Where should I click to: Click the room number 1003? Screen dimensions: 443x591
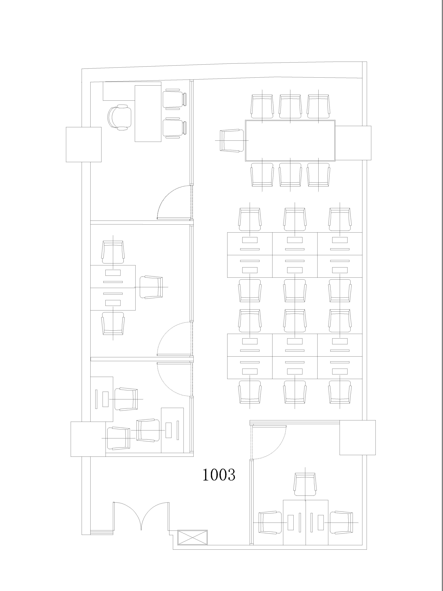pyautogui.click(x=219, y=475)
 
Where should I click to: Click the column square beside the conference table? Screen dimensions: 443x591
pyautogui.click(x=353, y=143)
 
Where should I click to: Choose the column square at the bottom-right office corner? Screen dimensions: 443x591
pyautogui.click(x=358, y=437)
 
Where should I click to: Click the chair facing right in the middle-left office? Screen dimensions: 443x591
pyautogui.click(x=151, y=287)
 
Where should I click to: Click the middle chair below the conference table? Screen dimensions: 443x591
pyautogui.click(x=290, y=175)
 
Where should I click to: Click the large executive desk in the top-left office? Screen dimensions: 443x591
pyautogui.click(x=148, y=113)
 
